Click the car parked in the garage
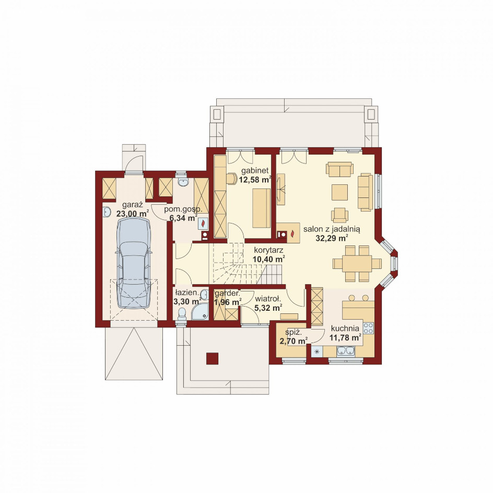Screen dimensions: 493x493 pyautogui.click(x=133, y=263)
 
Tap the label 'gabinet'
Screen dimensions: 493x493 pyautogui.click(x=255, y=171)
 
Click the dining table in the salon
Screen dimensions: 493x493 pyautogui.click(x=357, y=264)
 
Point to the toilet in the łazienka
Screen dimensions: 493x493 pyautogui.click(x=182, y=313)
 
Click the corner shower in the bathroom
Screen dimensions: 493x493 pyautogui.click(x=201, y=312)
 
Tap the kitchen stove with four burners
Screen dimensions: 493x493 pyautogui.click(x=369, y=328)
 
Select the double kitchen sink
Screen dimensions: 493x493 pyautogui.click(x=346, y=351)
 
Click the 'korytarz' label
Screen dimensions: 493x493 pyautogui.click(x=268, y=251)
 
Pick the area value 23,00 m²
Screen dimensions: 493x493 pyautogui.click(x=132, y=214)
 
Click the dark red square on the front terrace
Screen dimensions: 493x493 pyautogui.click(x=212, y=358)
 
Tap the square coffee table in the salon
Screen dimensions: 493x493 pyautogui.click(x=339, y=192)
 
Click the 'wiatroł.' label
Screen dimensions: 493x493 pyautogui.click(x=267, y=299)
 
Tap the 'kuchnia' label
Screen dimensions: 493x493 pyautogui.click(x=345, y=328)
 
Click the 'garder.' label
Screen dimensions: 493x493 pyautogui.click(x=227, y=294)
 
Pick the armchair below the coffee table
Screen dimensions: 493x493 pyautogui.click(x=339, y=215)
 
